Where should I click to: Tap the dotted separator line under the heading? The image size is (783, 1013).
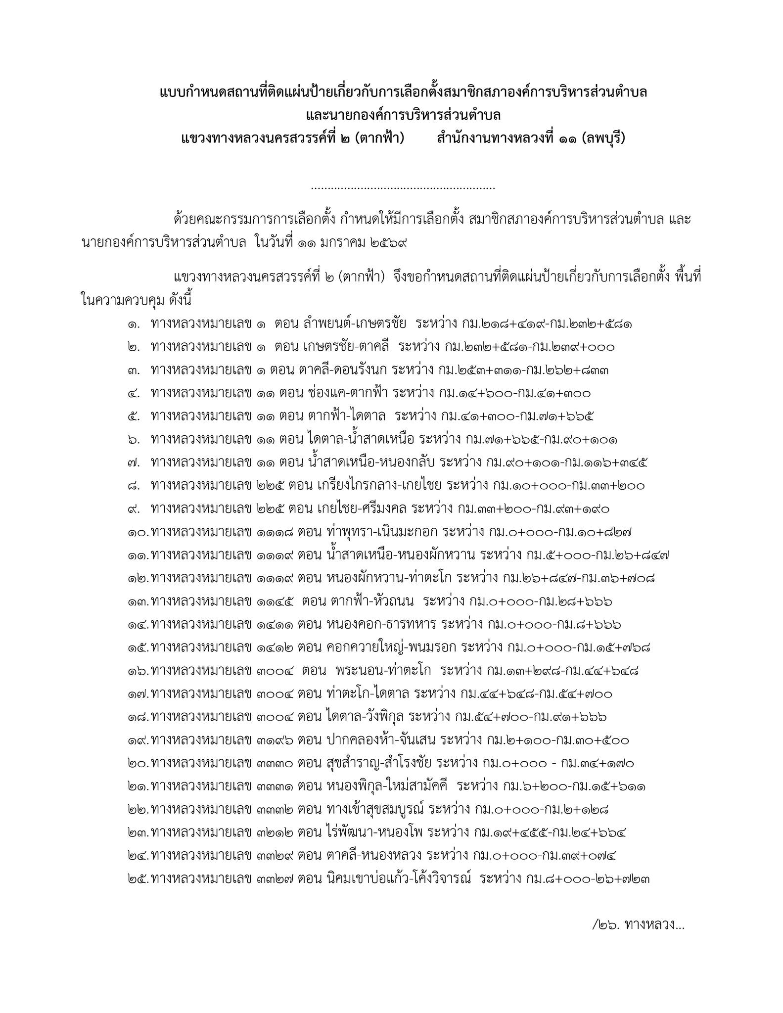(403, 188)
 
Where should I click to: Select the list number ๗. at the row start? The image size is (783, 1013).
(133, 463)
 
